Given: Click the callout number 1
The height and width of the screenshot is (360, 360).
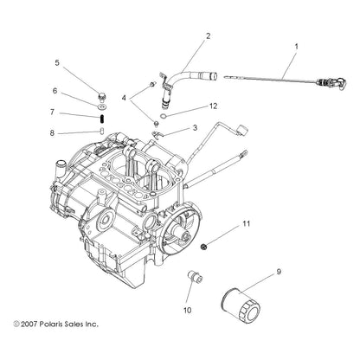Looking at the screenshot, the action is (x=296, y=47).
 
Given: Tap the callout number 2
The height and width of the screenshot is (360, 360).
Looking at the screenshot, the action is (x=208, y=36).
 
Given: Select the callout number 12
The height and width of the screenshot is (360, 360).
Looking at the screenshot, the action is (x=213, y=106).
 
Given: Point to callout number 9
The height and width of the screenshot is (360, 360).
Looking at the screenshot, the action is (x=279, y=272).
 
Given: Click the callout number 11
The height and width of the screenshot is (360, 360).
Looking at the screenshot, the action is (x=246, y=223).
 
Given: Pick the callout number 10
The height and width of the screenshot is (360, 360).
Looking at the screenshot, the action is (x=187, y=311).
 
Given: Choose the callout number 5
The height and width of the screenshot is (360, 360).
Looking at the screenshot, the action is (x=57, y=62).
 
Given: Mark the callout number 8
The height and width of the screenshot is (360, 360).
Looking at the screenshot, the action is (x=52, y=133).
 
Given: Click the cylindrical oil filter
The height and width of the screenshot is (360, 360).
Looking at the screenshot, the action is (x=241, y=303).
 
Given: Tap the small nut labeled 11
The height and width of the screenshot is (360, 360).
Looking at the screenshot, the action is (x=204, y=247).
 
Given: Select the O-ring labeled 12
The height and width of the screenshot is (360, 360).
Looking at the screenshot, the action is (x=164, y=116).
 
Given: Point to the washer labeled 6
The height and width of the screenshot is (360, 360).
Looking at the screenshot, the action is (x=101, y=107).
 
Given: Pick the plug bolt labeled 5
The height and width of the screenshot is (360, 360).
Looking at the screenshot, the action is (x=101, y=97).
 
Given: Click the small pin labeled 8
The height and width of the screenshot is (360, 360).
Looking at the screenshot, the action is (x=102, y=131).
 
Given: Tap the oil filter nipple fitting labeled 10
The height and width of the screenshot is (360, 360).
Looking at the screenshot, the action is (x=195, y=276).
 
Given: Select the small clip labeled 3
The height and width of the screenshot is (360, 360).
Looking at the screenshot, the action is (x=157, y=134).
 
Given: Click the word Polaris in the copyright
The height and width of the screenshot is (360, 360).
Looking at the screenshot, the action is (x=49, y=324).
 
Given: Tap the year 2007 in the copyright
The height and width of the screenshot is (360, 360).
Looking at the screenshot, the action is (x=29, y=324).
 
